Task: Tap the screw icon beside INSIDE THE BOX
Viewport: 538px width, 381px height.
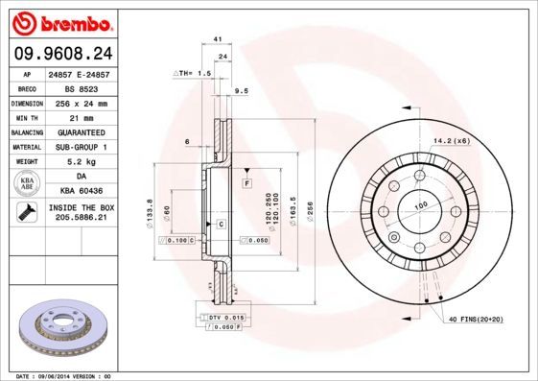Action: pyautogui.click(x=23, y=213)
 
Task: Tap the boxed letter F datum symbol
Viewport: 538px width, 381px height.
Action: pyautogui.click(x=246, y=181)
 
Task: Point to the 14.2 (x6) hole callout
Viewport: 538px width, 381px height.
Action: pyautogui.click(x=450, y=141)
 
